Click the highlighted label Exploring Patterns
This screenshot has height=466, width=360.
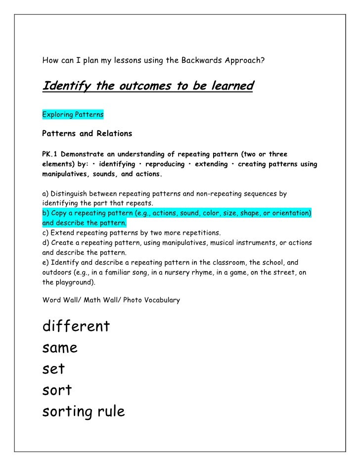(x=73, y=114)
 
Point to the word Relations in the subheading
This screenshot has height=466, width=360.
(x=112, y=134)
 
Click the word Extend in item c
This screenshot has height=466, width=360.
(x=63, y=233)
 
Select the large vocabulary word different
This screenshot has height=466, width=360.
(x=76, y=326)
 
